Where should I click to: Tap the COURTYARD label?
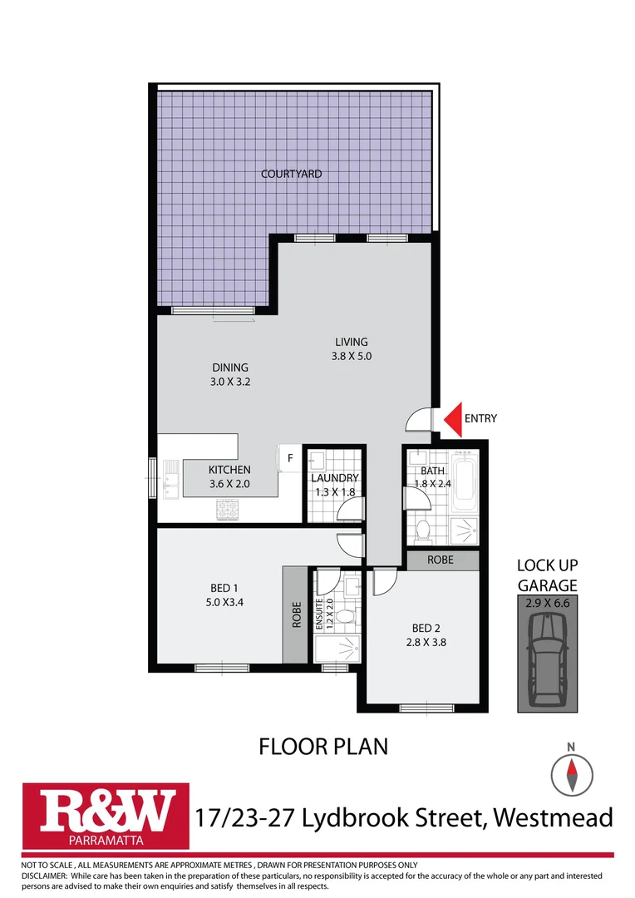pyautogui.click(x=291, y=175)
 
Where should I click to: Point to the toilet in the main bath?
pyautogui.click(x=421, y=528)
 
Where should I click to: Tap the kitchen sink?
pyautogui.click(x=171, y=481)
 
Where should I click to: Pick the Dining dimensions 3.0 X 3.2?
pyautogui.click(x=230, y=383)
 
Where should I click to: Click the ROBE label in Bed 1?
pyautogui.click(x=293, y=614)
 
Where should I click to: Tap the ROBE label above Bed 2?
pyautogui.click(x=441, y=560)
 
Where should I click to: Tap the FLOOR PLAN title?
pyautogui.click(x=323, y=746)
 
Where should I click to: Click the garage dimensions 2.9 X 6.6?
pyautogui.click(x=547, y=604)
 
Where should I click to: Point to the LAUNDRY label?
pyautogui.click(x=334, y=478)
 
